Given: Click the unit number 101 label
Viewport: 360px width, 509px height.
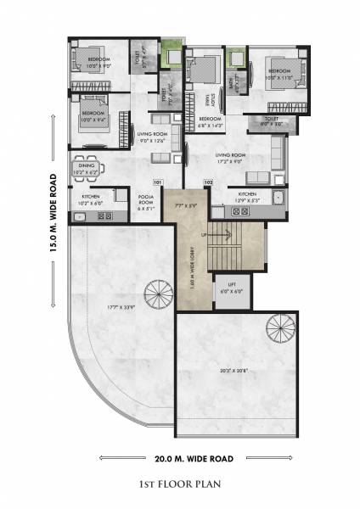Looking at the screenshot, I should point(157,182).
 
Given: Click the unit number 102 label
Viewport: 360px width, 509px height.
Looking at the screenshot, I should point(207,182).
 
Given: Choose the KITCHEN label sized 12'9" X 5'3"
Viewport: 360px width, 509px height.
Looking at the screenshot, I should point(247,197).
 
